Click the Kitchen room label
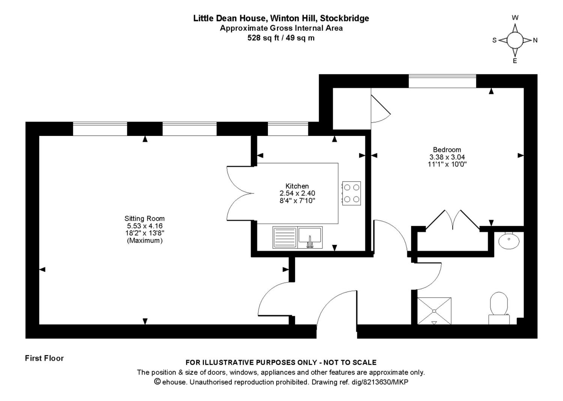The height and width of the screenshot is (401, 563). click(297, 186)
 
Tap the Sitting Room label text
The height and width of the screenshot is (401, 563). click(145, 219)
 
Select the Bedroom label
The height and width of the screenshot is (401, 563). click(447, 149)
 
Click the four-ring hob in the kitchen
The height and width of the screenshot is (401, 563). click(352, 193)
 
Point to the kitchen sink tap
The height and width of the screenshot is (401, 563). click(310, 242)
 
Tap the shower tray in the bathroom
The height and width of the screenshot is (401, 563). click(434, 311)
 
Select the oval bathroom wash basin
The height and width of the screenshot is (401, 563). click(509, 241)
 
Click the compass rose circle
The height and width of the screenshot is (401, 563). click(515, 40)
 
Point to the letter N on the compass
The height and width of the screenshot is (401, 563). click(535, 41)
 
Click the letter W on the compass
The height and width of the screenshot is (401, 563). click(515, 18)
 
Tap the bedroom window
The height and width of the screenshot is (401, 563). click(442, 81)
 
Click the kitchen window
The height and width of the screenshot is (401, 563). click(288, 129)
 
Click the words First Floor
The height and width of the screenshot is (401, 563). click(44, 358)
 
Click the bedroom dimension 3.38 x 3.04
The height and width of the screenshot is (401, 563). click(447, 157)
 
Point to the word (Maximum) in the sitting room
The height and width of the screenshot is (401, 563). click(145, 241)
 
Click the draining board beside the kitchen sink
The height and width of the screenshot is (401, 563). click(285, 237)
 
